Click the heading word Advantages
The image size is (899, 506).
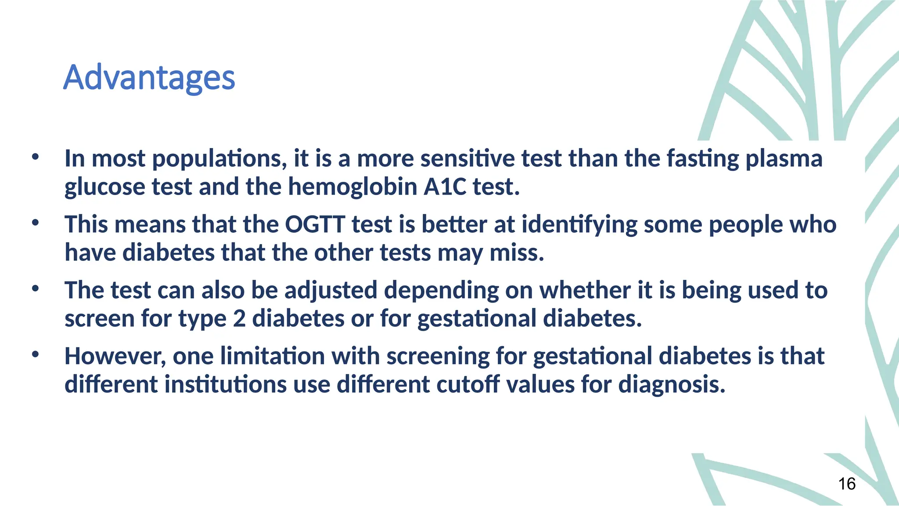[149, 78]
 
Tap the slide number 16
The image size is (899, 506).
[846, 484]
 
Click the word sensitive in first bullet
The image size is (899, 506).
[467, 159]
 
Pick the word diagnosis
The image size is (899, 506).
[672, 384]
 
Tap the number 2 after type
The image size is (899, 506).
[239, 318]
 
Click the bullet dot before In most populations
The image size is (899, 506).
[35, 157]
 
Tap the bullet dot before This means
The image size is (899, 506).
[35, 223]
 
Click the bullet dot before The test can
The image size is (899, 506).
[35, 289]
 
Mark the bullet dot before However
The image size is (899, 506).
[35, 354]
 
